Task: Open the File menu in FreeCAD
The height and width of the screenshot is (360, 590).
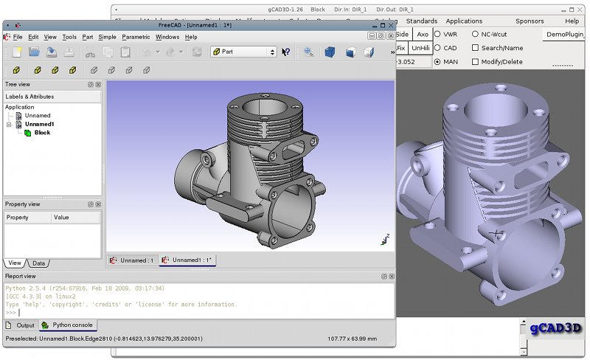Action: (18, 37)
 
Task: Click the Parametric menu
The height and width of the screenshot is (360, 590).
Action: (136, 37)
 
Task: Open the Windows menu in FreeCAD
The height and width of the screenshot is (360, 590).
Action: (167, 37)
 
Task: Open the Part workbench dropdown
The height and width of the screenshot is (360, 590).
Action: (243, 52)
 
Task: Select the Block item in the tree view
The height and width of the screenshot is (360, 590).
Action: (42, 133)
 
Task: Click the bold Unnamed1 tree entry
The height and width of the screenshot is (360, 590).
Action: (40, 124)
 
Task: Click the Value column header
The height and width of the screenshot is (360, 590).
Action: (61, 218)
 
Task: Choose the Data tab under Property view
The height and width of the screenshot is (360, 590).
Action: (38, 263)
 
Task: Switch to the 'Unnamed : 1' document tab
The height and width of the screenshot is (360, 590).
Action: (133, 260)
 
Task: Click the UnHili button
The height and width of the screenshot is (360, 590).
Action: (421, 48)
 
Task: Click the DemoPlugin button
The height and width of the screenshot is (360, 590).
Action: (566, 35)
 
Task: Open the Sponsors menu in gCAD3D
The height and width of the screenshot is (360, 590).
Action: (530, 21)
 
